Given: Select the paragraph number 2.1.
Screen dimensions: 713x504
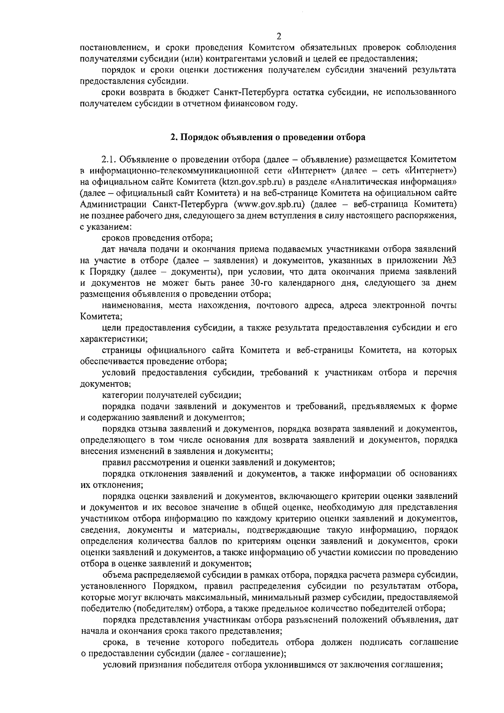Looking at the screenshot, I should pyautogui.click(x=110, y=160).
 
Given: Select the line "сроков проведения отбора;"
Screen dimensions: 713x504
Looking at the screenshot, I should pyautogui.click(x=157, y=238).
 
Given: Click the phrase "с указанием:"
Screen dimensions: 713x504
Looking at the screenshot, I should pyautogui.click(x=106, y=227).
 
